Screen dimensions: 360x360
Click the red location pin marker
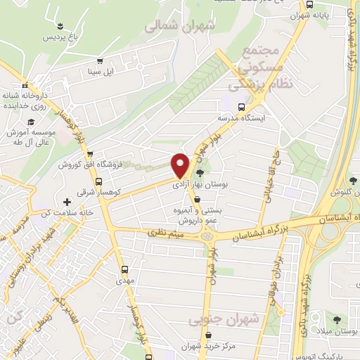181,165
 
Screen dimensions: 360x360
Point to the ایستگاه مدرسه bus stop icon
242,108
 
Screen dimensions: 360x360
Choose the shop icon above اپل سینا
101,61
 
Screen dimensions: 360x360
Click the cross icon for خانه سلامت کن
67,202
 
